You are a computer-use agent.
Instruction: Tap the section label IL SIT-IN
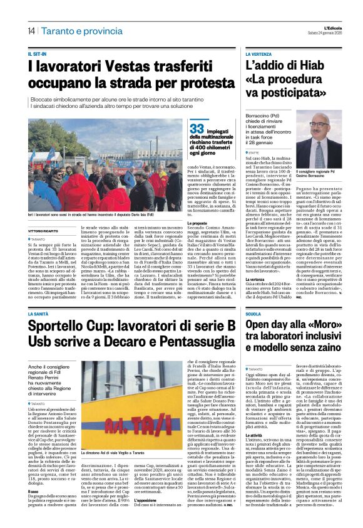pyautogui.click(x=38, y=55)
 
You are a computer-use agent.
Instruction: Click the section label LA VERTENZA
pyautogui.click(x=262, y=55)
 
